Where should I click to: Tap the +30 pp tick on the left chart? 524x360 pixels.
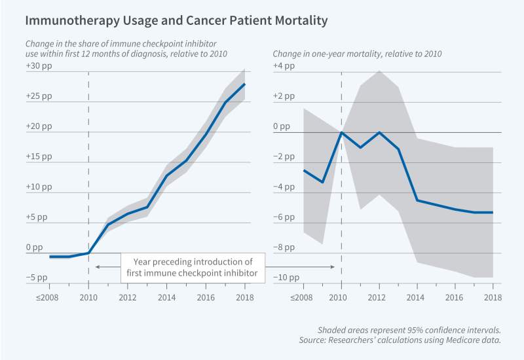pos(37,67)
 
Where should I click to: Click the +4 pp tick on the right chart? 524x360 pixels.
pos(282,67)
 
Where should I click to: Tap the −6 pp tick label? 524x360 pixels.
pos(281,217)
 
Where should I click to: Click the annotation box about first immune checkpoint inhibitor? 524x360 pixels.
pos(194,267)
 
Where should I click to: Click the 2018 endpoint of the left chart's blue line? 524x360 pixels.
pos(244,84)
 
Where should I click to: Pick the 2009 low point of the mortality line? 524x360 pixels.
pos(322,182)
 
